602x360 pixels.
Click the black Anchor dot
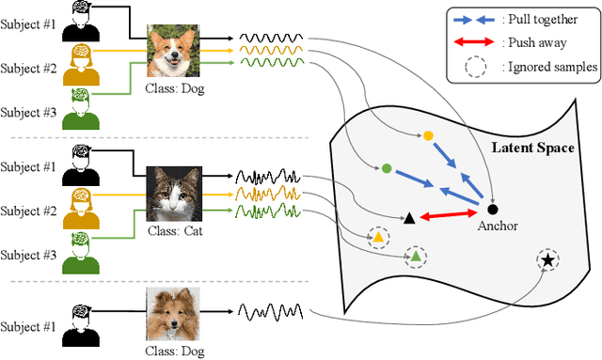(493, 208)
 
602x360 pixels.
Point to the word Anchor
(498, 227)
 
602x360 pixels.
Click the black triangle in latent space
(408, 218)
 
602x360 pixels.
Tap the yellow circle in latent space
(428, 136)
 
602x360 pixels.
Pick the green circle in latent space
(386, 169)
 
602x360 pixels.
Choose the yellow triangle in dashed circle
(378, 238)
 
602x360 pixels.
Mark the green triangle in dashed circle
(416, 256)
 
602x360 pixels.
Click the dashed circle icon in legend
(480, 66)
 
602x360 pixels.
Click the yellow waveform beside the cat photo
(267, 194)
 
